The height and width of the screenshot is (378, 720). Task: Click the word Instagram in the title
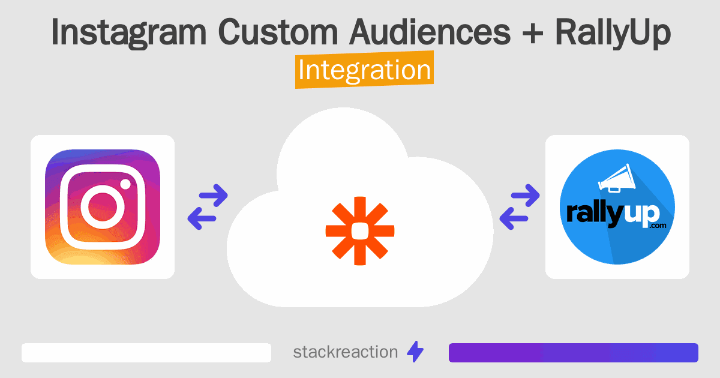[128, 33]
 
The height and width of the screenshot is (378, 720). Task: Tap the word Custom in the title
[278, 32]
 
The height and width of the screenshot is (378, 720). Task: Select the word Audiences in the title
[430, 32]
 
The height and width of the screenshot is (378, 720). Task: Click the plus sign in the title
[533, 33]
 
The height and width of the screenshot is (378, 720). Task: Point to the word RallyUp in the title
[613, 33]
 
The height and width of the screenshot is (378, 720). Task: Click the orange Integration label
[365, 70]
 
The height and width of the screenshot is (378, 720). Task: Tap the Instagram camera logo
[103, 207]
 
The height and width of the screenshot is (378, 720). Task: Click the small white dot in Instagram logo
[125, 184]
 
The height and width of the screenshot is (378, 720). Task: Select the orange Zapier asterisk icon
[360, 231]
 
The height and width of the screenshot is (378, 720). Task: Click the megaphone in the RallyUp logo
[617, 179]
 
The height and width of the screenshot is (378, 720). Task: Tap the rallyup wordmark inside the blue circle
[613, 214]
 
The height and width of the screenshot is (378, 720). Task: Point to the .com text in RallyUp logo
[658, 226]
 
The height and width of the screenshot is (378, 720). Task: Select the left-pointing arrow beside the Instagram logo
[202, 218]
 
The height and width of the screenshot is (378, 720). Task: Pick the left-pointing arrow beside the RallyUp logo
[514, 218]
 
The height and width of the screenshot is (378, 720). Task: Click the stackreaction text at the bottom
[346, 352]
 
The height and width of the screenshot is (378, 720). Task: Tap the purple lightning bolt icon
[415, 352]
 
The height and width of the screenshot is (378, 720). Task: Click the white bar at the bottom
[146, 353]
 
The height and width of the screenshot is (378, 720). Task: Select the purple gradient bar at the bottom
[574, 353]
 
